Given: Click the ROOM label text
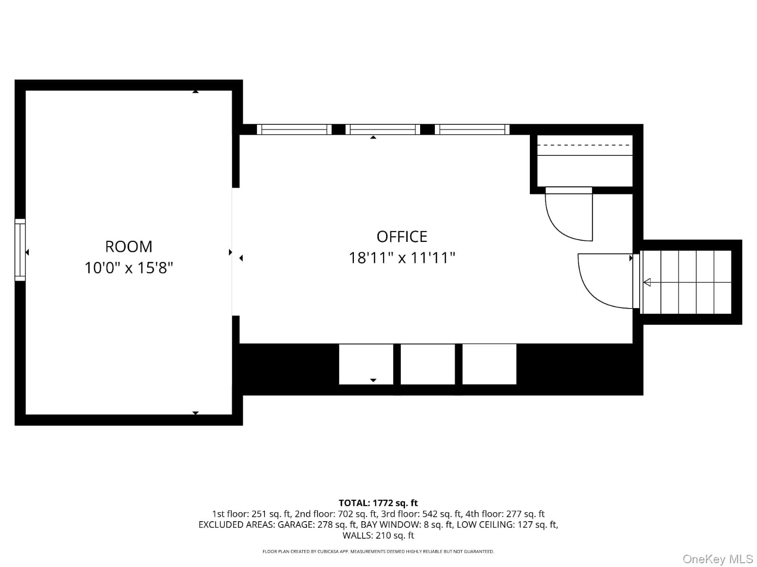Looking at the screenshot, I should coord(129,247).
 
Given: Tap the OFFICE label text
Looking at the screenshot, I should coord(402,236).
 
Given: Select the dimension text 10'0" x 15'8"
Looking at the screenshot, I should coord(129,268).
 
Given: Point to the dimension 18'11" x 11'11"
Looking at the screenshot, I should coord(402,258).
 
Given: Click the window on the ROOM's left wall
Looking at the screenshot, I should coord(20,250).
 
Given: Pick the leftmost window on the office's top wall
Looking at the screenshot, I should coord(294,129).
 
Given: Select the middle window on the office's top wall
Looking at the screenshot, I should coord(383,129).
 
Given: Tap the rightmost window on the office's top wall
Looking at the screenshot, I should coord(472,129).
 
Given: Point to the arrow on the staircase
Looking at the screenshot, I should coord(647,283).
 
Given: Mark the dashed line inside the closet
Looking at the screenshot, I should coord(585,145).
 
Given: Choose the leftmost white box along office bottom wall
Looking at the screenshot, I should coord(366,364).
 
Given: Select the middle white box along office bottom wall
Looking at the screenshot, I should coord(428,364).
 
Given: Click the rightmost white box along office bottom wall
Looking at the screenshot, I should coord(489,364).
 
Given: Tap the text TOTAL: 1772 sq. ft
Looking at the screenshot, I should coord(378,503).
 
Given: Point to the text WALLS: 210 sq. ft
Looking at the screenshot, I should coord(378,535).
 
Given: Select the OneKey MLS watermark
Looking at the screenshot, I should coord(717,559).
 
